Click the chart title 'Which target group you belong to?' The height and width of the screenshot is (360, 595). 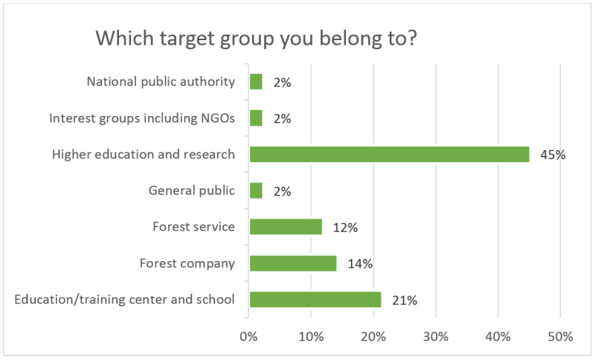tap(256, 39)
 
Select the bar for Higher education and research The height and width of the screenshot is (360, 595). tap(389, 155)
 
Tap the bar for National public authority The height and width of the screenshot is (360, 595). tap(256, 82)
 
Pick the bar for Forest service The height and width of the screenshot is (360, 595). tap(286, 227)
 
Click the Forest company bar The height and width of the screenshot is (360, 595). tap(293, 263)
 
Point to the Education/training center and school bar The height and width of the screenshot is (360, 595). tap(315, 299)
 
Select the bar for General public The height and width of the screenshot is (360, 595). tap(256, 190)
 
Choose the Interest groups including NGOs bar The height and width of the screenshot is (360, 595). tap(256, 118)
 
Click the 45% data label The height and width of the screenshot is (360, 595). tap(553, 155)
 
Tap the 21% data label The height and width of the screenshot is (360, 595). tap(405, 300)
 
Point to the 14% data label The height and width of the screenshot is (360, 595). tap(360, 263)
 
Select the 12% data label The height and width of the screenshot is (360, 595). tap(345, 228)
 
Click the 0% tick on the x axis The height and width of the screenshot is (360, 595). tap(248, 336)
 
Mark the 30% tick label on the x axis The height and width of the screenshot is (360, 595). tap(436, 336)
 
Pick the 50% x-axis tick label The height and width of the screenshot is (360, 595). tap(560, 336)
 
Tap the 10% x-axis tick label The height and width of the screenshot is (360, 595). tap(311, 336)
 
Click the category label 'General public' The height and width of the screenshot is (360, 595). tap(192, 190)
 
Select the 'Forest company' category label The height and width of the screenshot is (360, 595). tap(187, 263)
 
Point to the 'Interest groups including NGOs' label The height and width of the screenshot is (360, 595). tap(142, 118)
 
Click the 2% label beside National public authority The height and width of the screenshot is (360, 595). tap(283, 83)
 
